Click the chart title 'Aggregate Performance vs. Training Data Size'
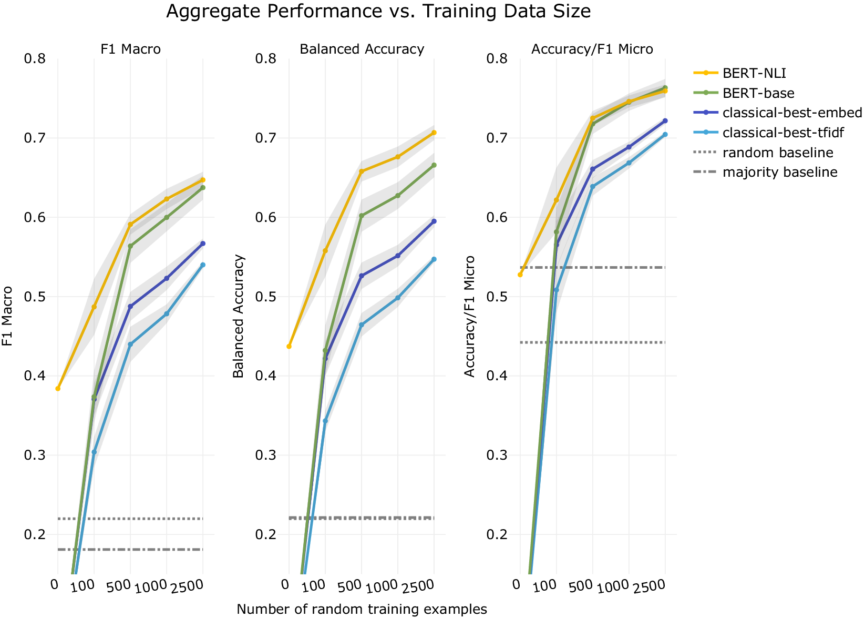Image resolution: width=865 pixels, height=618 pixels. click(378, 11)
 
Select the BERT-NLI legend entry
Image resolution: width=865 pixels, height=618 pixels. click(754, 73)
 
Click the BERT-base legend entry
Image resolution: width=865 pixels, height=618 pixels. click(758, 93)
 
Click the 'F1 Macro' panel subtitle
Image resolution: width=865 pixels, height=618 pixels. click(131, 49)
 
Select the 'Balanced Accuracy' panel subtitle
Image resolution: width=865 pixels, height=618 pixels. click(362, 49)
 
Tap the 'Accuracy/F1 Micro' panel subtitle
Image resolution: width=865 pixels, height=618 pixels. click(592, 49)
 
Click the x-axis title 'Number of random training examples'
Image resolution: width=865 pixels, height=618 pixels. click(362, 609)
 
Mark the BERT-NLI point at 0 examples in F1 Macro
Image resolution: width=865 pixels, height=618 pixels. click(58, 389)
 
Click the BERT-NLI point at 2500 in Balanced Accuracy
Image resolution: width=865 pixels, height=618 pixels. click(434, 133)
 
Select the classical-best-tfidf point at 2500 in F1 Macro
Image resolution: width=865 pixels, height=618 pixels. click(203, 265)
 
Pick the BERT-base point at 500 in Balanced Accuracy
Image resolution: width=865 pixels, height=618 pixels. click(362, 216)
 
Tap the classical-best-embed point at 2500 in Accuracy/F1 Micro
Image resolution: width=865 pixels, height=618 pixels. click(665, 121)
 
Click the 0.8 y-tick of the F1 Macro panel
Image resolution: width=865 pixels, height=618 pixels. click(35, 58)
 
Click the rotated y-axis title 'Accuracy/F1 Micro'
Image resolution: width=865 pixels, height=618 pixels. click(470, 316)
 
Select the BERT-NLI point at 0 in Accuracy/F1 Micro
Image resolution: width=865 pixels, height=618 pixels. click(520, 275)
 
